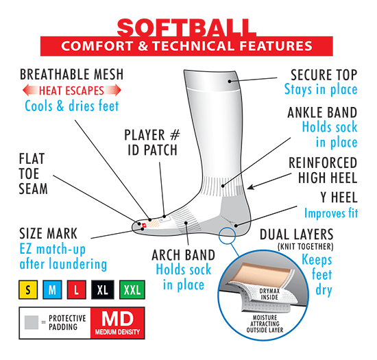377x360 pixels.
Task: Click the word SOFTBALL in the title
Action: (x=186, y=27)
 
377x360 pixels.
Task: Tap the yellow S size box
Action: (x=28, y=289)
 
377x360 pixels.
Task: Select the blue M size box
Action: (x=52, y=289)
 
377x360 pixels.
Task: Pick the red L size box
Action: (x=77, y=289)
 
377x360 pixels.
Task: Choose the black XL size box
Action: (x=103, y=289)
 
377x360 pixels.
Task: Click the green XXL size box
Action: (x=132, y=289)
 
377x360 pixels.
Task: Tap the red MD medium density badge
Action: (x=118, y=323)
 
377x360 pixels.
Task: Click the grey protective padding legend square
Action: (x=32, y=322)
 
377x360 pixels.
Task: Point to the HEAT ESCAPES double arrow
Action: (x=72, y=91)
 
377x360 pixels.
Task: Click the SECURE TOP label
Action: (x=324, y=75)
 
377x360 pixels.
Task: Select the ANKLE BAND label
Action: (x=322, y=112)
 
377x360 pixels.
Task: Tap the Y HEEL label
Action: (x=339, y=197)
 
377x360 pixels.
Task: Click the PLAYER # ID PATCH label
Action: (x=152, y=143)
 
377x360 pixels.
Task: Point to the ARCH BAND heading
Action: (x=183, y=255)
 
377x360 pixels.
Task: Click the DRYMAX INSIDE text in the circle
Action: (x=269, y=294)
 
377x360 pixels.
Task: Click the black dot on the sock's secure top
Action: (x=230, y=82)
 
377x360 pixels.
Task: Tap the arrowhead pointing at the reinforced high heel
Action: (x=250, y=187)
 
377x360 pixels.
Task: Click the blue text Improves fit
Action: (x=331, y=213)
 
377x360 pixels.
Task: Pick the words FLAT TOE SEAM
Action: (x=33, y=173)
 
